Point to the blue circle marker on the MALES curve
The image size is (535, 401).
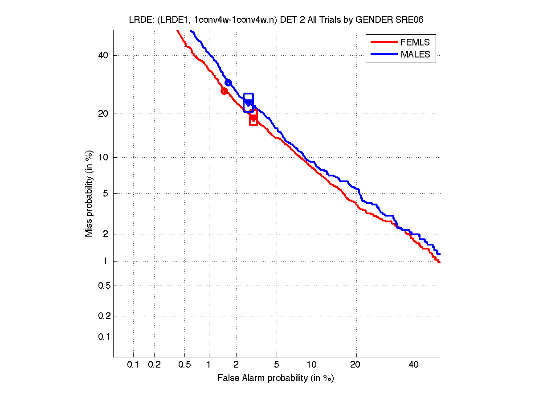[x=228, y=82]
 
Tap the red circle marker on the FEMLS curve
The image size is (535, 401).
[x=224, y=91]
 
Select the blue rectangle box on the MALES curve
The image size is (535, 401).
[x=248, y=102]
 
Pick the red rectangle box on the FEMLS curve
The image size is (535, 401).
[x=253, y=118]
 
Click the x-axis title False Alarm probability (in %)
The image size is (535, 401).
[x=276, y=378]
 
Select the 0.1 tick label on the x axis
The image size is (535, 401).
[x=133, y=365]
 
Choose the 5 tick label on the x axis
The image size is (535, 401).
[x=277, y=365]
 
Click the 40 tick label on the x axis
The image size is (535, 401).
[x=414, y=365]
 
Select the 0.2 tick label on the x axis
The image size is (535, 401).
[x=154, y=365]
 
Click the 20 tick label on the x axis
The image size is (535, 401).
[x=355, y=365]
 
